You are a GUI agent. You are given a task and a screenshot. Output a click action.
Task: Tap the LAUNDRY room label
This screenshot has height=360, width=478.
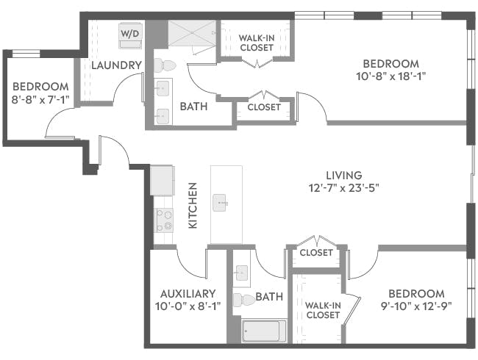pyautogui.click(x=116, y=65)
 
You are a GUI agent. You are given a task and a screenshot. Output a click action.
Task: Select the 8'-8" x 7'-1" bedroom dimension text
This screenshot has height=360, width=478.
pyautogui.click(x=40, y=99)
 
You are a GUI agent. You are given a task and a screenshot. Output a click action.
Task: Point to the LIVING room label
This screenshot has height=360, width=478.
pyautogui.click(x=344, y=175)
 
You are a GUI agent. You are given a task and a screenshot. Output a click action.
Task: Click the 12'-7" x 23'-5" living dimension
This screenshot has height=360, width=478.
pyautogui.click(x=344, y=187)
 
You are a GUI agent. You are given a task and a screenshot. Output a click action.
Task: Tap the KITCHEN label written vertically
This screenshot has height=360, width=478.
pyautogui.click(x=193, y=206)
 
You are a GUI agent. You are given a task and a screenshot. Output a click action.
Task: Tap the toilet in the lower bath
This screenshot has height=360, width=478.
pyautogui.click(x=243, y=300)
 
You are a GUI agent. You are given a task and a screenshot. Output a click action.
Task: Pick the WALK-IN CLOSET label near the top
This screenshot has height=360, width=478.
pyautogui.click(x=257, y=42)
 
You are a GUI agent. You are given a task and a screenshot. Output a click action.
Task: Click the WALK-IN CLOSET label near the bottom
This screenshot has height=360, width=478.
pyautogui.click(x=322, y=309)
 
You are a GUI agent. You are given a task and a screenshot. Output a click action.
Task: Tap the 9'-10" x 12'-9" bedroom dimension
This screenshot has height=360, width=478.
pyautogui.click(x=415, y=306)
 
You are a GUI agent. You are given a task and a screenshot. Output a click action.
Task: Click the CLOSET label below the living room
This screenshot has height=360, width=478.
pyautogui.click(x=315, y=253)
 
